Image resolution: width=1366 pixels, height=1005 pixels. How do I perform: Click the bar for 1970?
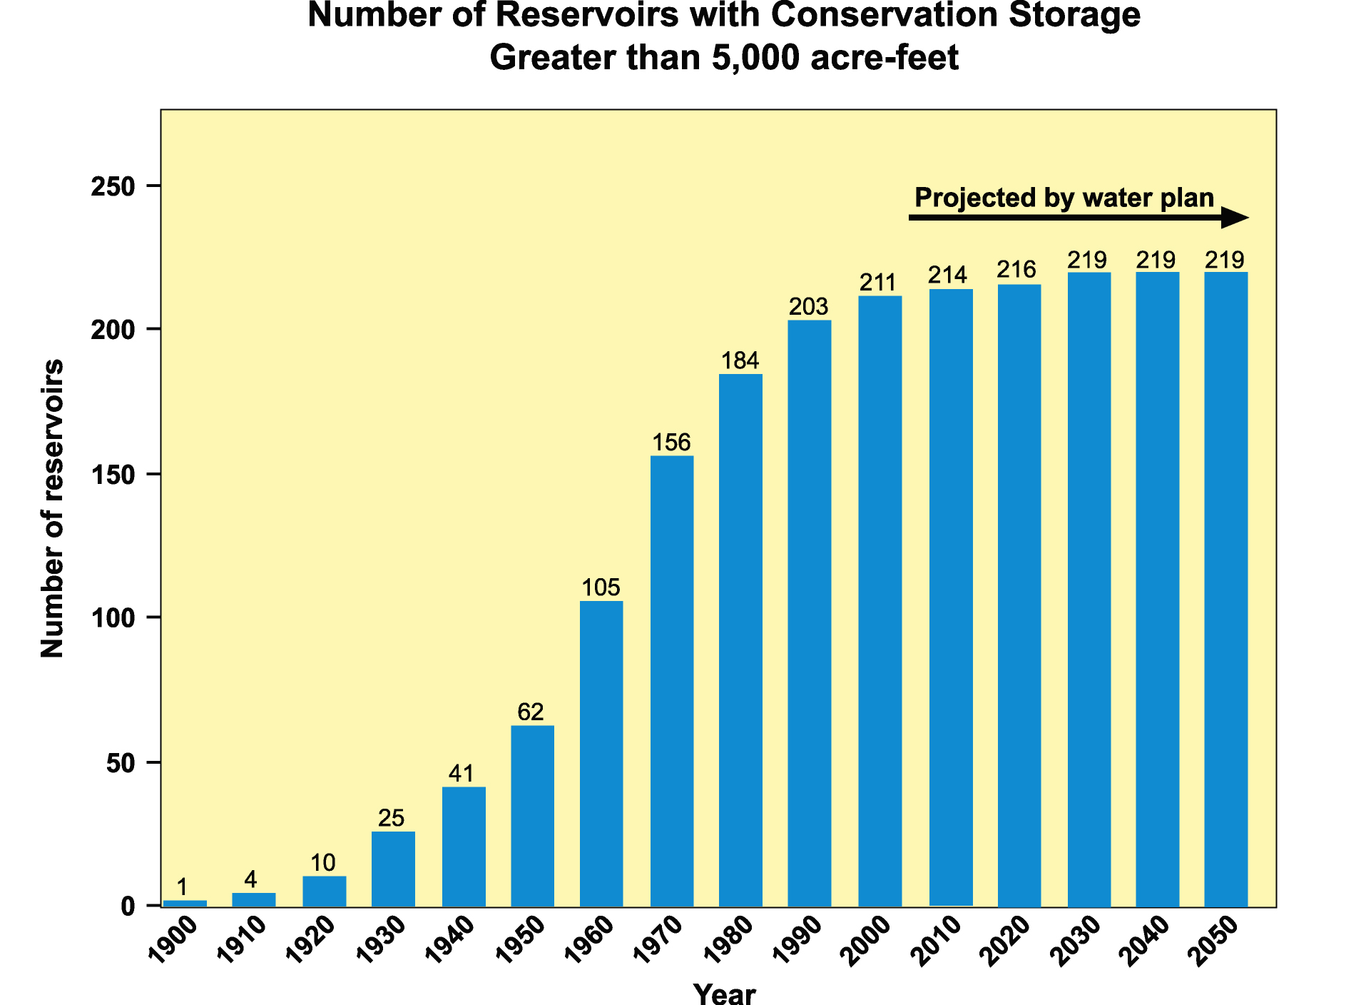pyautogui.click(x=672, y=681)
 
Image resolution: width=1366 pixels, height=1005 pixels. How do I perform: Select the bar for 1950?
pyautogui.click(x=532, y=816)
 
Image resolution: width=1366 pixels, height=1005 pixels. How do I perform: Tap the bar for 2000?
pyautogui.click(x=880, y=601)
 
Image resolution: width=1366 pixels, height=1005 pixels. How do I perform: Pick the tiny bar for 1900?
pyautogui.click(x=185, y=904)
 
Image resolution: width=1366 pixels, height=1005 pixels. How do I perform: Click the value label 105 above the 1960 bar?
pyautogui.click(x=601, y=587)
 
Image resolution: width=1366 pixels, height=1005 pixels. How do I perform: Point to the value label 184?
pyautogui.click(x=740, y=360)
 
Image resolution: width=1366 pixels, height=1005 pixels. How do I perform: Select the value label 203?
pyautogui.click(x=809, y=306)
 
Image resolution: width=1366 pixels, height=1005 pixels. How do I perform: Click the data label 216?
pyautogui.click(x=1016, y=270)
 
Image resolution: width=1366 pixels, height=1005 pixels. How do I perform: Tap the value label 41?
pyautogui.click(x=462, y=773)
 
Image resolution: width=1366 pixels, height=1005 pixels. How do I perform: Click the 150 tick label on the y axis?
pyautogui.click(x=113, y=475)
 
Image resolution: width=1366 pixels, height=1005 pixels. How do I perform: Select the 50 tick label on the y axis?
pyautogui.click(x=121, y=763)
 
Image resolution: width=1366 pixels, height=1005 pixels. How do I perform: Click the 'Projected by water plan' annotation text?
pyautogui.click(x=1064, y=198)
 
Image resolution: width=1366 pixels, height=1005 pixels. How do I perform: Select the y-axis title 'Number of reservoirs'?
pyautogui.click(x=53, y=508)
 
